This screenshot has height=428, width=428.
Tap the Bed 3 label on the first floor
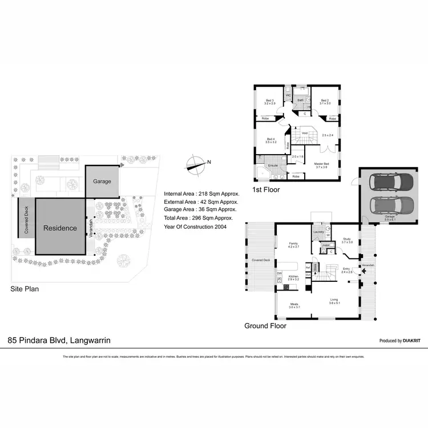[x=269, y=102]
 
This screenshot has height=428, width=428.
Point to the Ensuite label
[x=272, y=165]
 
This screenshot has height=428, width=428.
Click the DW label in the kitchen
[x=280, y=274]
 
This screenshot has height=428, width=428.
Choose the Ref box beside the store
[x=308, y=267]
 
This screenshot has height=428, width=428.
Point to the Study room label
[x=347, y=240]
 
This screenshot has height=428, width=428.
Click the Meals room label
[x=294, y=305]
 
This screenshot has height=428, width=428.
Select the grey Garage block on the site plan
[x=102, y=181]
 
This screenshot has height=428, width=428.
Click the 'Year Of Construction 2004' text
[x=195, y=227]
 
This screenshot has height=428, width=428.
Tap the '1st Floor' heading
[x=266, y=189]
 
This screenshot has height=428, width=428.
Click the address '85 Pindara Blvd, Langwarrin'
[x=59, y=340]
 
